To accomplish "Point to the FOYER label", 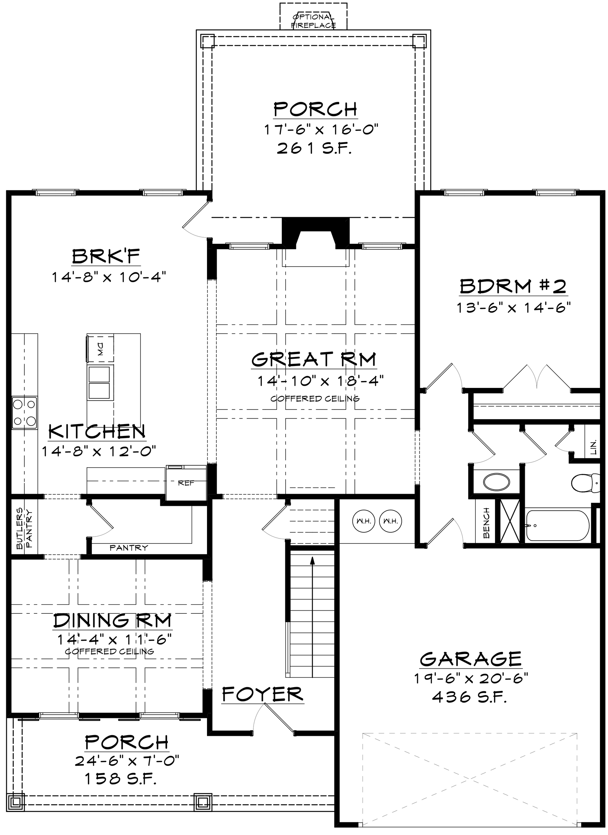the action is pos(263,694).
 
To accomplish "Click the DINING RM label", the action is pos(113,620).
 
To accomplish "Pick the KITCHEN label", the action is pos(97,431).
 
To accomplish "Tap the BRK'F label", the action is pos(106,257).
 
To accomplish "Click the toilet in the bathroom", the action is pos(585,482).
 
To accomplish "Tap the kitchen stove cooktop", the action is pos(25,412).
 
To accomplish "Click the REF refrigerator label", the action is pos(186,483).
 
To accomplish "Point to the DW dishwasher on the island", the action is pos(100,348).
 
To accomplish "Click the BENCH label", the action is pos(487,523).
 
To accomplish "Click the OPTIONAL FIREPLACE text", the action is pos(314,21).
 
